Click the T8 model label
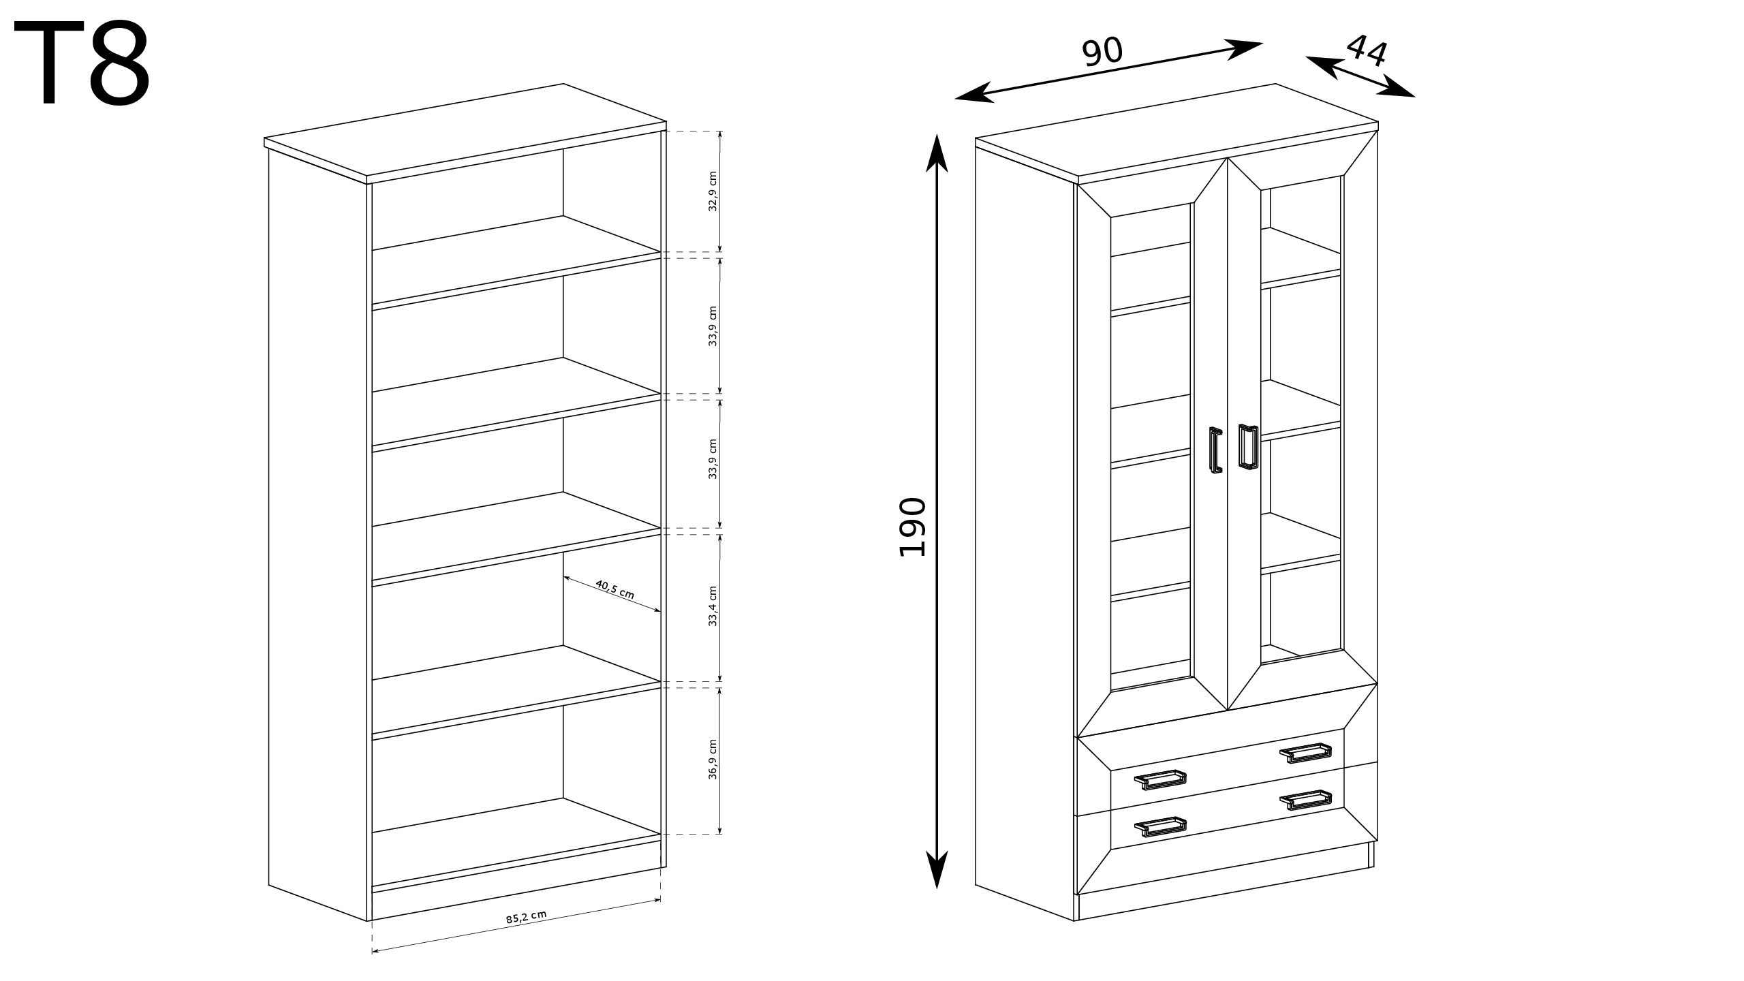pyautogui.click(x=82, y=62)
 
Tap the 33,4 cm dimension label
pyautogui.click(x=713, y=606)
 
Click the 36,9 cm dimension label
pyautogui.click(x=713, y=758)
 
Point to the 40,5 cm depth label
pyautogui.click(x=614, y=589)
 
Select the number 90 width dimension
pyautogui.click(x=1102, y=52)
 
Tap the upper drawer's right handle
pyautogui.click(x=1305, y=753)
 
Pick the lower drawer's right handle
pyautogui.click(x=1305, y=800)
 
